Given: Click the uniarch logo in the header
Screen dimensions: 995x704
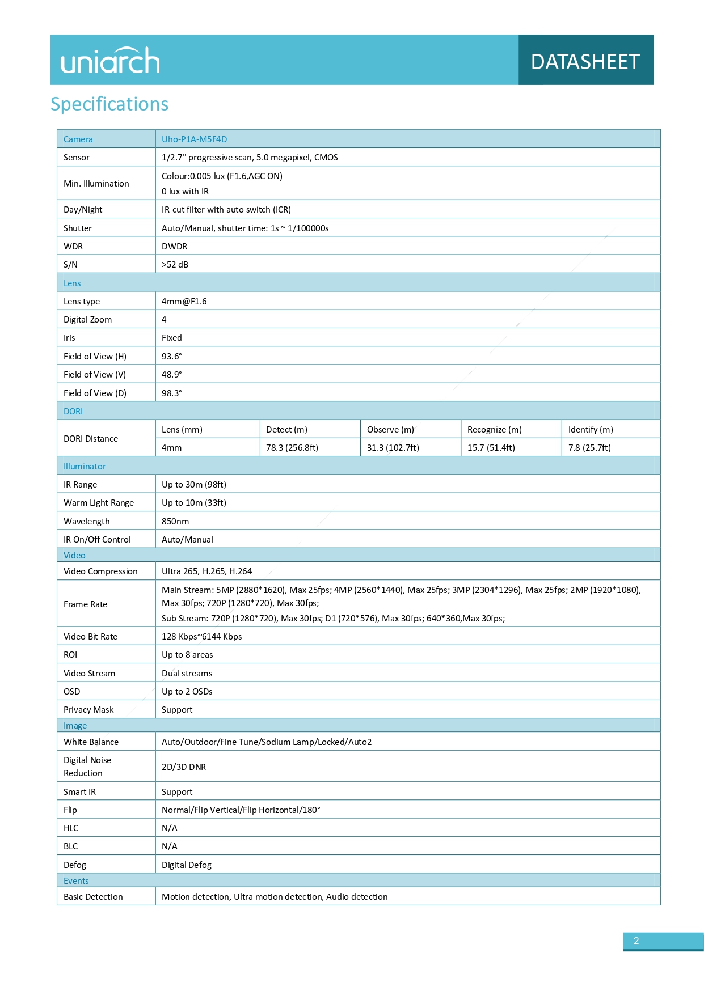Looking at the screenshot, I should pos(110,61).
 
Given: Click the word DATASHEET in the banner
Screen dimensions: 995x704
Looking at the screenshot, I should pos(585,62).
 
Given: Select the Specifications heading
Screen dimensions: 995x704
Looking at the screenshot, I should pos(109,104).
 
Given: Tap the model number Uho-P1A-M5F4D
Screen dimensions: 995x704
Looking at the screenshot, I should pos(194,139).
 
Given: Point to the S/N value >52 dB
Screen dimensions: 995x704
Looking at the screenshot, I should pos(175,265).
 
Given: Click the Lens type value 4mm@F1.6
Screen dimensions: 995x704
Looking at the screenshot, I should pos(184,302).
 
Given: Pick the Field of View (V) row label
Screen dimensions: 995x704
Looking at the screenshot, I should pos(95,375).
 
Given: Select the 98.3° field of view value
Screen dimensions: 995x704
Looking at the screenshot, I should pos(171,393).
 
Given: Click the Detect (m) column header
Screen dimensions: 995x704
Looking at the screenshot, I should pos(286,430).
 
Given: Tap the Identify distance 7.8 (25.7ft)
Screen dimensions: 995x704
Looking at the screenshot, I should pos(589,448).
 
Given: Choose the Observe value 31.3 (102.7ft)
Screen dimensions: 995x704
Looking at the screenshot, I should pos(393,448).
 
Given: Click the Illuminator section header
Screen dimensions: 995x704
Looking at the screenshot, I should pos(85,467).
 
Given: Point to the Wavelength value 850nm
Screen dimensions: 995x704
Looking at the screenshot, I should pos(175,522).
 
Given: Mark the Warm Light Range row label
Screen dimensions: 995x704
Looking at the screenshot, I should pos(99,503).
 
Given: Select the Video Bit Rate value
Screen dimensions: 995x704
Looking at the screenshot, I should pos(201,637).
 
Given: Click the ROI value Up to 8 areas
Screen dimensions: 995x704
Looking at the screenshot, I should pos(187,655).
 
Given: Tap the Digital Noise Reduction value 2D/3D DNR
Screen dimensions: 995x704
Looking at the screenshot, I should pos(184,767).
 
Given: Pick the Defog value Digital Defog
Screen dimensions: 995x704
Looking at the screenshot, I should pos(187,865).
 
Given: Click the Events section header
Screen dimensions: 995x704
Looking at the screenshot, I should pos(76,881).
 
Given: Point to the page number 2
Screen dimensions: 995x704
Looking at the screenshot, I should pos(636,941).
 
